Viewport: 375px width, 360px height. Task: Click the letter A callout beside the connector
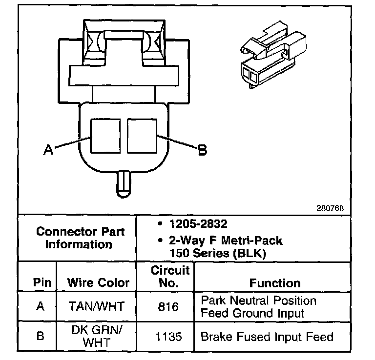tap(48, 150)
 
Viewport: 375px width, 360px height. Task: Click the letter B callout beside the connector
tap(202, 150)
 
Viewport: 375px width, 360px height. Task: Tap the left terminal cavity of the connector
tap(105, 137)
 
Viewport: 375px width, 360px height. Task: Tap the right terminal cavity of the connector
tap(142, 137)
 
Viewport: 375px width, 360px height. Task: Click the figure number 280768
tap(330, 207)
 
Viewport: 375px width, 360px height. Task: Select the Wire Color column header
tap(98, 282)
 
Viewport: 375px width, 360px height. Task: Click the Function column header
tap(275, 283)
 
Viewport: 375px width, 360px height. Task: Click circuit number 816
tap(168, 307)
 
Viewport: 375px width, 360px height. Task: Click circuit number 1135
tap(168, 336)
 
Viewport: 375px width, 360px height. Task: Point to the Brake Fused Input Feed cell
tap(267, 336)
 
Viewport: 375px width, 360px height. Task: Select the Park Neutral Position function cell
tap(258, 307)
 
